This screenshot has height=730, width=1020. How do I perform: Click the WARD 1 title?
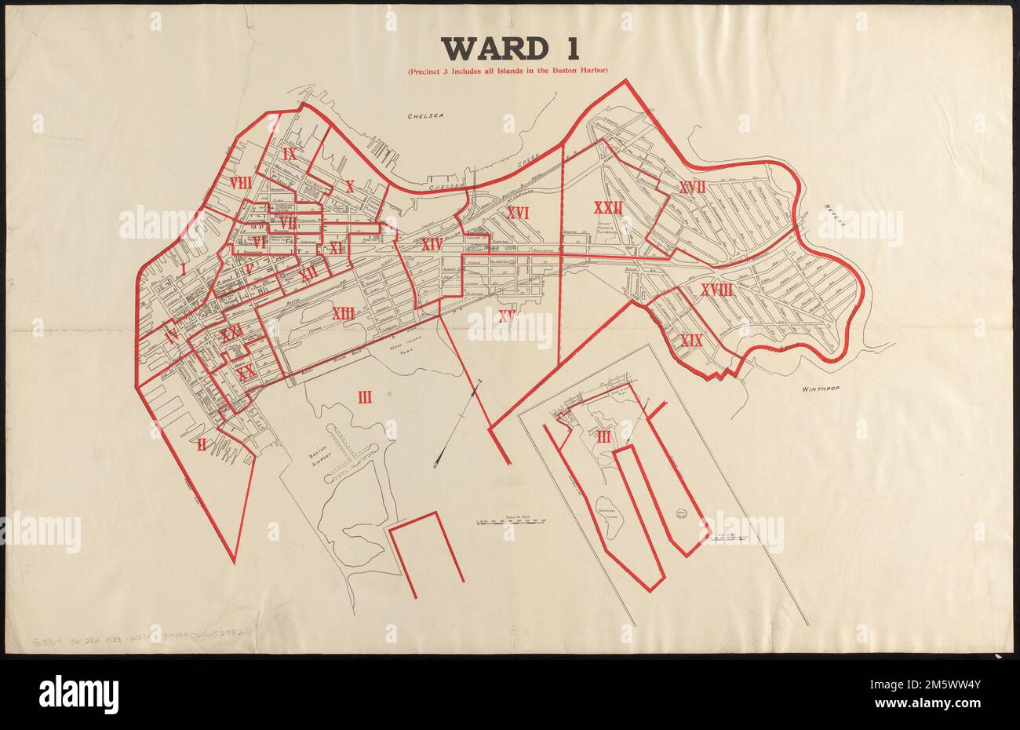coord(511,49)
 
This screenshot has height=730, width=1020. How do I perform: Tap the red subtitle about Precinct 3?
coord(508,74)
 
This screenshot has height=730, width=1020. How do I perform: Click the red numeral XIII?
coord(343,314)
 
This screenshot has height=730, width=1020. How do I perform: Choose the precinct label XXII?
coord(608,208)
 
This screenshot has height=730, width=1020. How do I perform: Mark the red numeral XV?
coord(505,317)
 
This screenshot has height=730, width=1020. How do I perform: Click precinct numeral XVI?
coord(518,212)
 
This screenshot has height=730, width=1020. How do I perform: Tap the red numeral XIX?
coord(690,341)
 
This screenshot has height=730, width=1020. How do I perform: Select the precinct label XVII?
coord(692,187)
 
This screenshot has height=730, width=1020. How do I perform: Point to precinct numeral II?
coord(202,445)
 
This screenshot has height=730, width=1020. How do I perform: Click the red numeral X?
coord(350,186)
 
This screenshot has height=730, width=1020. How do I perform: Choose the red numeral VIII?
coord(240,182)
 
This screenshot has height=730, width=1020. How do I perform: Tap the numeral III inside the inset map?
coord(603,438)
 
